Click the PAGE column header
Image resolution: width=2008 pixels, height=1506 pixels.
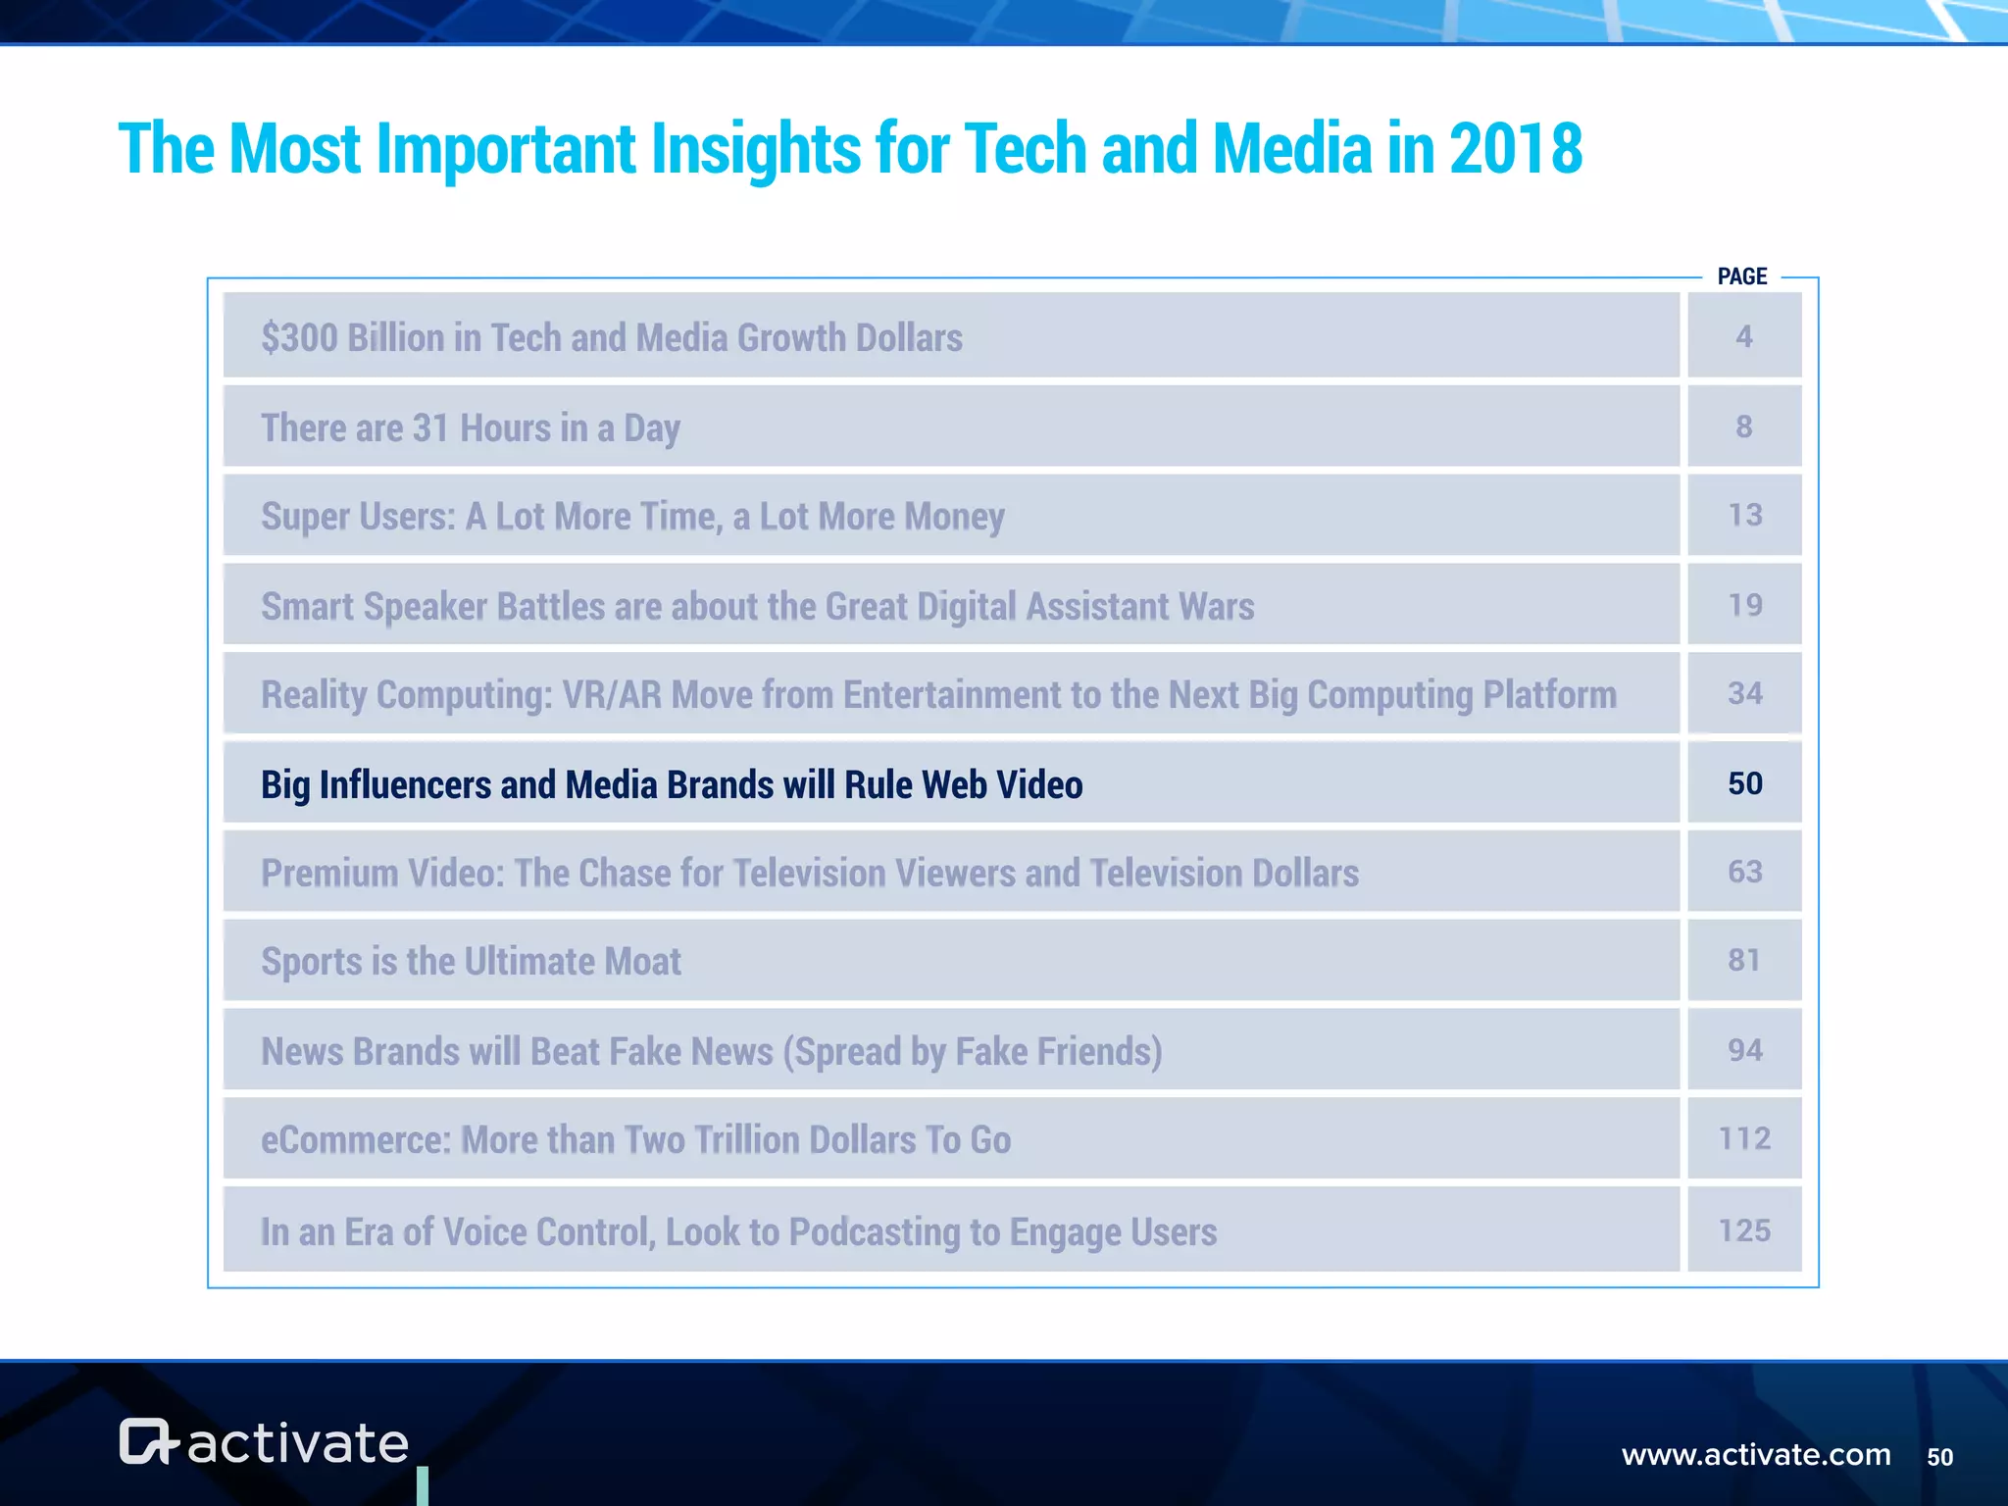(x=1741, y=276)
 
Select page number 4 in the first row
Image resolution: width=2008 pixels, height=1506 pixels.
(x=1743, y=336)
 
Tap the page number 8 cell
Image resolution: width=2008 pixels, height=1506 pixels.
(x=1743, y=427)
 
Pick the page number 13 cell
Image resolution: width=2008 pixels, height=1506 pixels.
(x=1744, y=515)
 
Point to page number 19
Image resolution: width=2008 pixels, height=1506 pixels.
(x=1744, y=605)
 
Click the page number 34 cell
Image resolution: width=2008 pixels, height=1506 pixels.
(x=1744, y=693)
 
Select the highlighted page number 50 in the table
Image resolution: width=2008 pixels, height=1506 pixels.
(x=1744, y=783)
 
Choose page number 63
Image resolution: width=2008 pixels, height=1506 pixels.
(x=1744, y=872)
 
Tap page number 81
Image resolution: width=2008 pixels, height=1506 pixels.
(x=1743, y=960)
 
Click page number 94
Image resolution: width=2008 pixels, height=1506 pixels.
(x=1744, y=1050)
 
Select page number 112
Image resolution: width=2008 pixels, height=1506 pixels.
(x=1744, y=1138)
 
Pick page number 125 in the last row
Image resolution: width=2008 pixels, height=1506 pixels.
(x=1744, y=1230)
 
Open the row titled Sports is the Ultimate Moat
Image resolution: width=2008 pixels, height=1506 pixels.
(x=471, y=962)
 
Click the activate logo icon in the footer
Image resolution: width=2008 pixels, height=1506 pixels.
(x=148, y=1441)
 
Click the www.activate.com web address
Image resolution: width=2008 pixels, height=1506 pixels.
(x=1756, y=1454)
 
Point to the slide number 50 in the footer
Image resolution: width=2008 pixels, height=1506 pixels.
(x=1939, y=1457)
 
